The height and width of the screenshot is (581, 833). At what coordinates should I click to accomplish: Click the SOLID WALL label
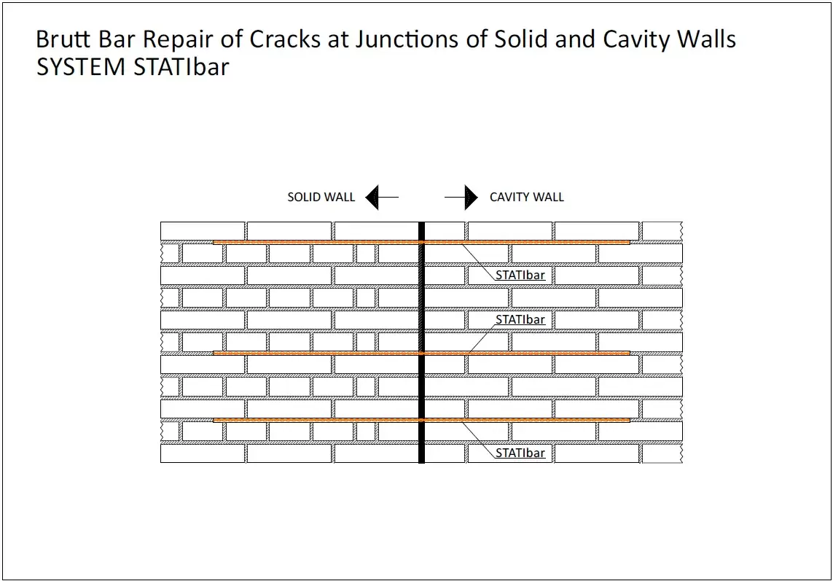(x=321, y=197)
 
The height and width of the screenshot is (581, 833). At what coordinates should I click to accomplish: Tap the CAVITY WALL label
(x=526, y=197)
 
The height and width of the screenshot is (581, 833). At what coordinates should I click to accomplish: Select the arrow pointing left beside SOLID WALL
(x=381, y=197)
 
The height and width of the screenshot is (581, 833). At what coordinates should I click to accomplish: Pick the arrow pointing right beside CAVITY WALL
(x=461, y=197)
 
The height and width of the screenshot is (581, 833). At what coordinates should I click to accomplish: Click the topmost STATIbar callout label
(x=520, y=276)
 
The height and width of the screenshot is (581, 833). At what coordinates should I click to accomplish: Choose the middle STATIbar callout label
(x=520, y=319)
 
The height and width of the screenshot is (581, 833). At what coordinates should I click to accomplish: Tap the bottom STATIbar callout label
(x=520, y=453)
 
